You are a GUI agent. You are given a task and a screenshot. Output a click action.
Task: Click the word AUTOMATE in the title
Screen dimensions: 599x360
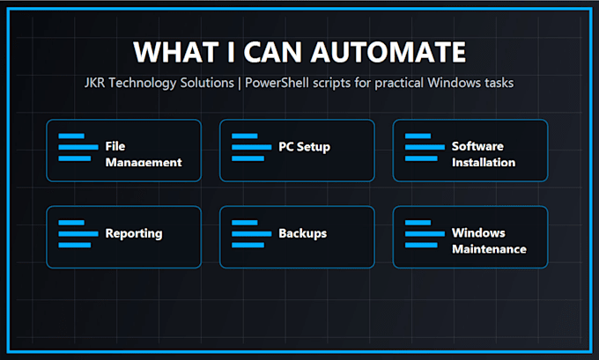[388, 52]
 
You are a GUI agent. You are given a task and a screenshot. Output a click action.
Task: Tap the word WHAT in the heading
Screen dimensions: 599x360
[176, 52]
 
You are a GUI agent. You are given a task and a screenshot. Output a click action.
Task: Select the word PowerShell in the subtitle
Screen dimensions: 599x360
[277, 83]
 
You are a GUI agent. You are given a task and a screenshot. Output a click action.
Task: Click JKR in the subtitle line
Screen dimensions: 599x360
[94, 83]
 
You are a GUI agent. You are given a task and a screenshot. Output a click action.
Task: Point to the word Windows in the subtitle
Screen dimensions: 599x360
[455, 83]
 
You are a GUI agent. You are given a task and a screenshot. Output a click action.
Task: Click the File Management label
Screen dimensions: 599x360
[144, 154]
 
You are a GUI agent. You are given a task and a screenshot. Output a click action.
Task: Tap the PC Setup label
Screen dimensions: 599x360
[305, 147]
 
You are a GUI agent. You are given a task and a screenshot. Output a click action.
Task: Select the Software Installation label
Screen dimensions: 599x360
[484, 154]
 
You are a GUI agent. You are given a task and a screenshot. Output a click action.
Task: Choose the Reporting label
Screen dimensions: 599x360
[134, 233]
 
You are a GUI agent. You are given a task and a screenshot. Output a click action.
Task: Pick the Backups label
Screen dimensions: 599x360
[302, 233]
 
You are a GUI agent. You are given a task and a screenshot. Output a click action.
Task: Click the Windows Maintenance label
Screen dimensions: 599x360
[489, 241]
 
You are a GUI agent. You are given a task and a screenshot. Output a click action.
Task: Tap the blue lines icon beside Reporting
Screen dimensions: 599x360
[78, 234]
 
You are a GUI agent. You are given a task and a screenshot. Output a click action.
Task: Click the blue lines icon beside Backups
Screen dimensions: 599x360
[252, 234]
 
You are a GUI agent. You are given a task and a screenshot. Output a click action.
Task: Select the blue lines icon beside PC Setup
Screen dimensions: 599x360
[252, 147]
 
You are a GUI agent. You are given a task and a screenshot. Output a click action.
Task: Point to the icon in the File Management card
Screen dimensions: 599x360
[78, 147]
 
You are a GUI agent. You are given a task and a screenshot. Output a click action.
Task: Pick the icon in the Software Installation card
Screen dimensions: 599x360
[425, 147]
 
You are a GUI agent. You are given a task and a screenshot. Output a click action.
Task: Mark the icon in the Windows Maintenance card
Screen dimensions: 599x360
[425, 234]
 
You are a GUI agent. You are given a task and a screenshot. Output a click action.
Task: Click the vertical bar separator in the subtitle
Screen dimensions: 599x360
[240, 84]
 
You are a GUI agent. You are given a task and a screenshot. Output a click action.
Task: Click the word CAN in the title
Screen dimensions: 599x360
[273, 52]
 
